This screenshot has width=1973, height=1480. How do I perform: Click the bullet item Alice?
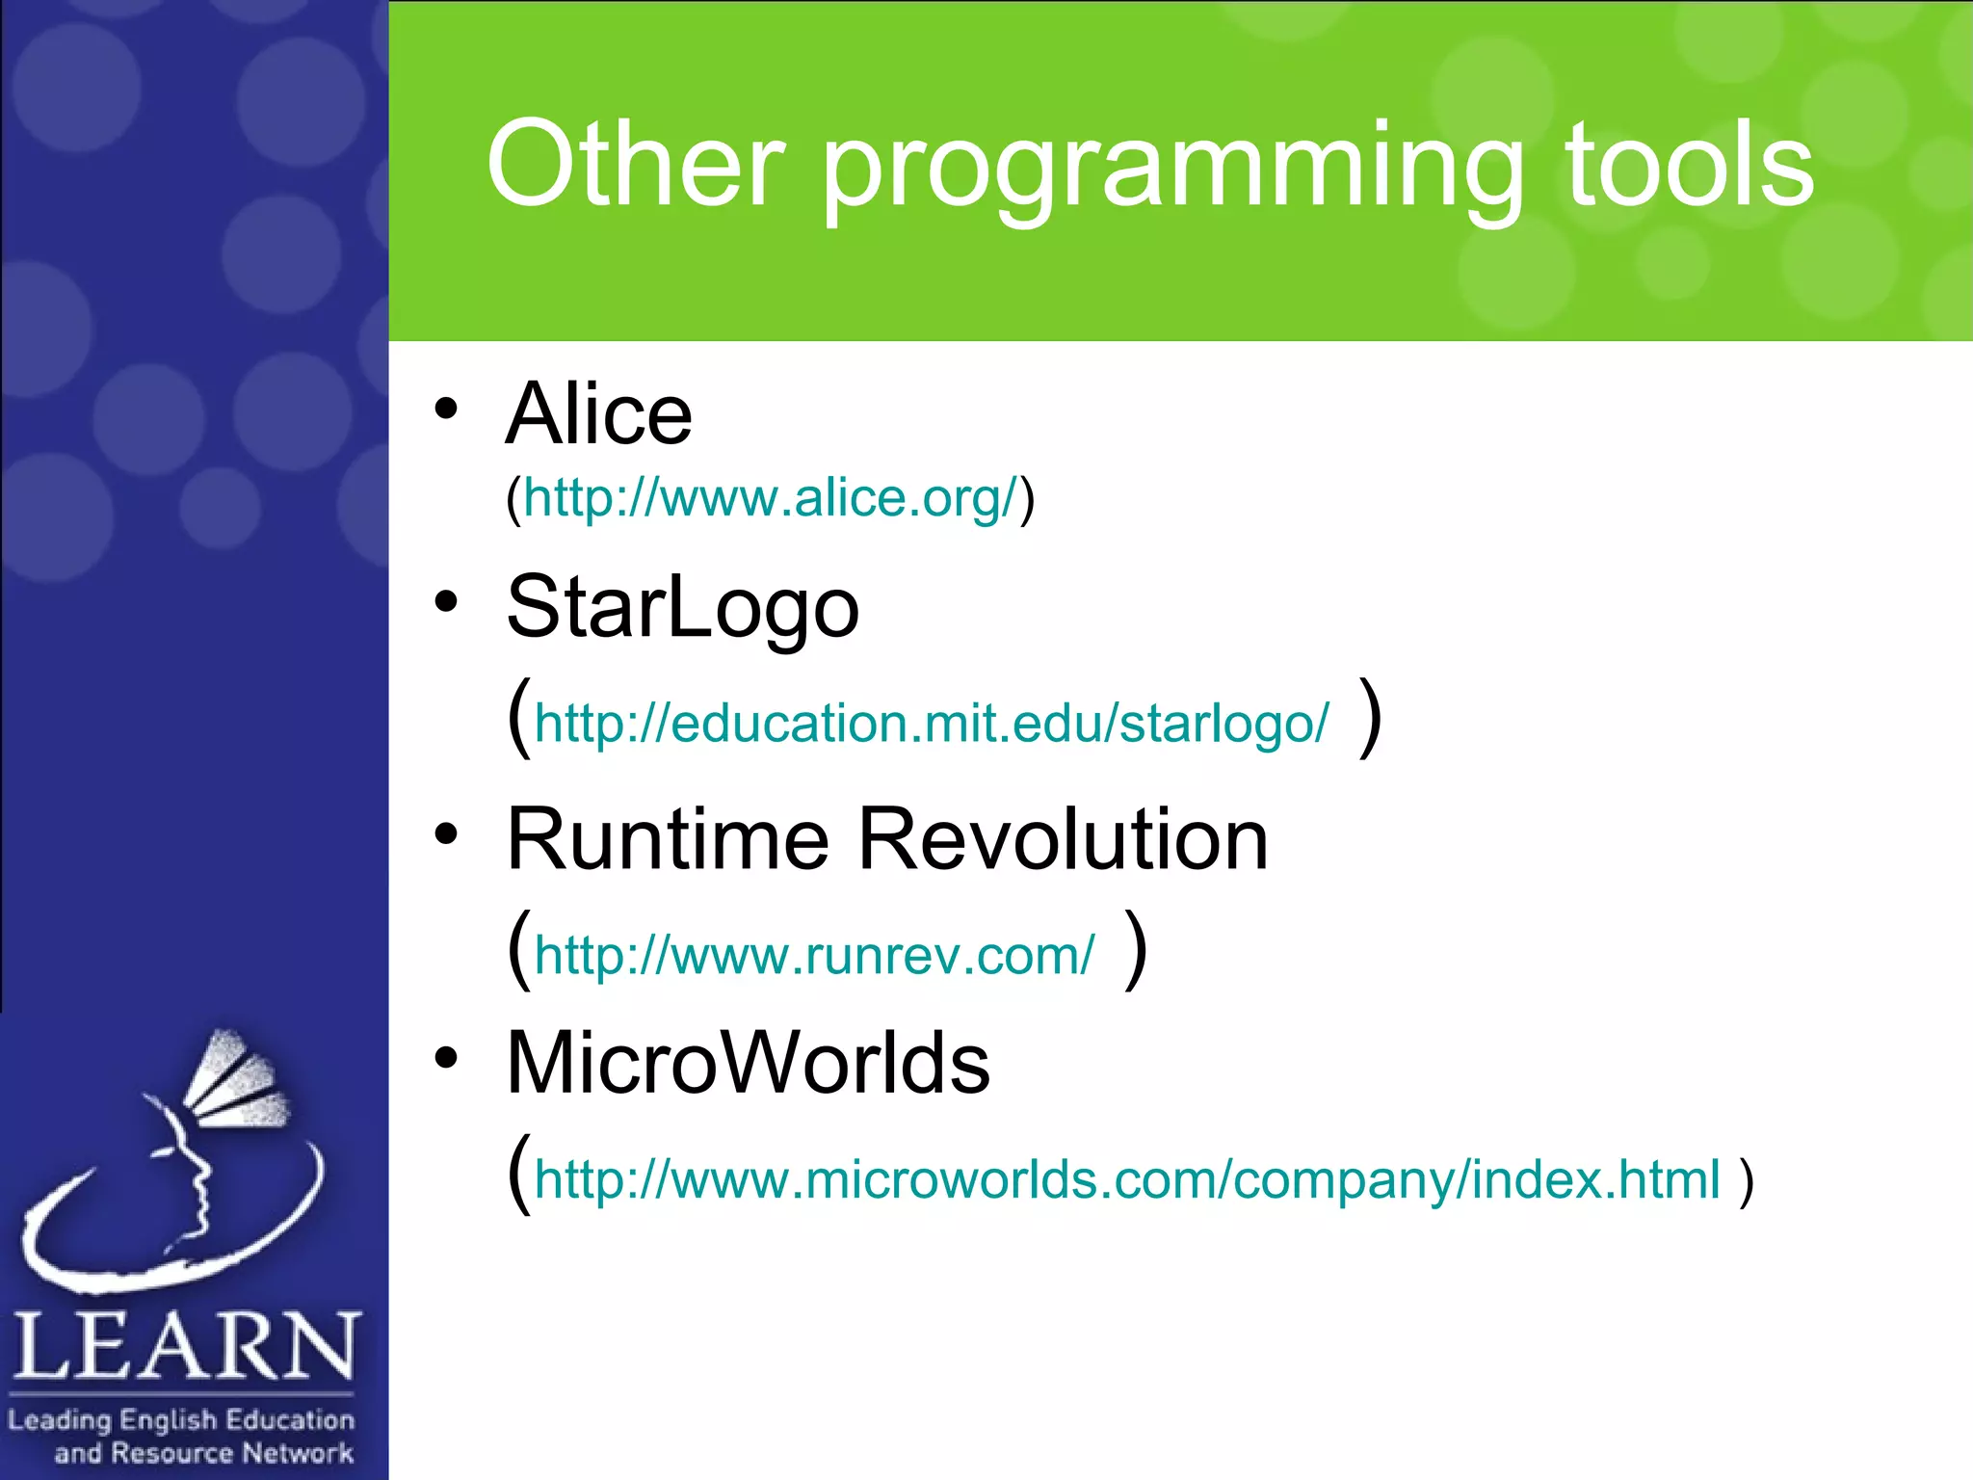coord(599,414)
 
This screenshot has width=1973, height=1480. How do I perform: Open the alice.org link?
coord(770,498)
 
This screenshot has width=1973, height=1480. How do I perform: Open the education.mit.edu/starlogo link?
coord(931,723)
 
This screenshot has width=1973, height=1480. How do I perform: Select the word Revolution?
coord(1063,840)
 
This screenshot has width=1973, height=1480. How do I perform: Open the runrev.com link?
coord(814,955)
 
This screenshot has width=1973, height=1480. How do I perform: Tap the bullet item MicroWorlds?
coord(748,1064)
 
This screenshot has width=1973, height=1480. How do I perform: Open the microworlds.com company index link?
coord(1127,1179)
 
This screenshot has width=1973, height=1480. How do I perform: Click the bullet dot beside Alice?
coord(445,409)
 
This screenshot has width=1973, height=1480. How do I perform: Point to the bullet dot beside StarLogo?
coord(445,602)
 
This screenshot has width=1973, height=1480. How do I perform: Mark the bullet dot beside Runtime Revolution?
coord(445,833)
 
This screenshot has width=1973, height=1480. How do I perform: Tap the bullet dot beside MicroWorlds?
coord(445,1058)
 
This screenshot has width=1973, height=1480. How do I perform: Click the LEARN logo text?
coord(186,1346)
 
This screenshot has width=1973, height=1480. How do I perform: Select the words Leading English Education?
coord(181,1419)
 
